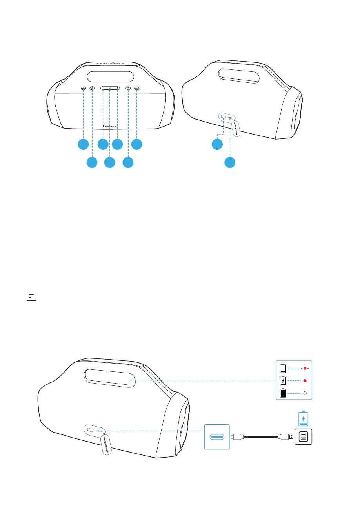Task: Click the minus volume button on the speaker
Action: [x=102, y=89]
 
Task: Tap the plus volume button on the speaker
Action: [x=117, y=89]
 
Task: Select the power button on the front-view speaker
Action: [x=128, y=89]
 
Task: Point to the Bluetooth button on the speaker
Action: [x=92, y=89]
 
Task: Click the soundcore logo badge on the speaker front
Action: [x=110, y=126]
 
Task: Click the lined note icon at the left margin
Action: [x=31, y=296]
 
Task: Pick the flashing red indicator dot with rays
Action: [x=304, y=369]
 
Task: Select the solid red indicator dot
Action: [x=304, y=381]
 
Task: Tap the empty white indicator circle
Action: [x=304, y=393]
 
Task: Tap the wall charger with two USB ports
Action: [x=303, y=436]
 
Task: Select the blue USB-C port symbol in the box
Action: [x=216, y=436]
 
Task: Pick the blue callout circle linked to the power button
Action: [x=128, y=162]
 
